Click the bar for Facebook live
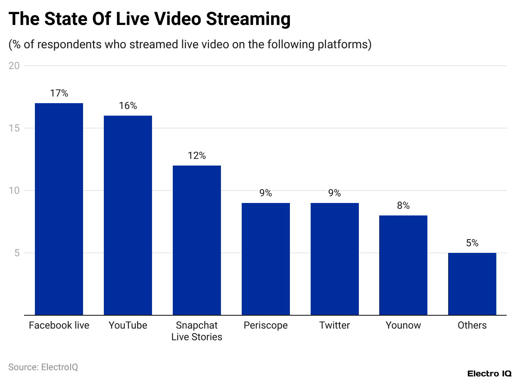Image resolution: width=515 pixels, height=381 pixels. (59, 209)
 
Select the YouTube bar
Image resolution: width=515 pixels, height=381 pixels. (128, 215)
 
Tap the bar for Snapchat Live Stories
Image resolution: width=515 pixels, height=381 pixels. (197, 240)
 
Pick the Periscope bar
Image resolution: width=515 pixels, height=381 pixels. (266, 259)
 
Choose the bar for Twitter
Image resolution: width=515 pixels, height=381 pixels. (335, 259)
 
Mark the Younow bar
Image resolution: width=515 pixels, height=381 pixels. (403, 265)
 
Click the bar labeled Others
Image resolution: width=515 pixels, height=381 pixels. (472, 284)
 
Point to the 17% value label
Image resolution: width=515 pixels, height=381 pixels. (59, 93)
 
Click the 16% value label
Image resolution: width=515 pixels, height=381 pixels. (128, 106)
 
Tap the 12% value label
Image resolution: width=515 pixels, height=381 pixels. (197, 156)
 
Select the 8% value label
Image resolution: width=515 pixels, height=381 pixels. (403, 205)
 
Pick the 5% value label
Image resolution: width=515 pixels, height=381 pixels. (472, 243)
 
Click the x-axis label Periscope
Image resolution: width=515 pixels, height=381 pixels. (266, 325)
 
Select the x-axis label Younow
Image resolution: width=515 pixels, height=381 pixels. (403, 325)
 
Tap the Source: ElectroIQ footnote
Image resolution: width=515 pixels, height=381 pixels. (43, 367)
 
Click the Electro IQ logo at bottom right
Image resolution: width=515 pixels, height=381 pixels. (489, 374)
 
